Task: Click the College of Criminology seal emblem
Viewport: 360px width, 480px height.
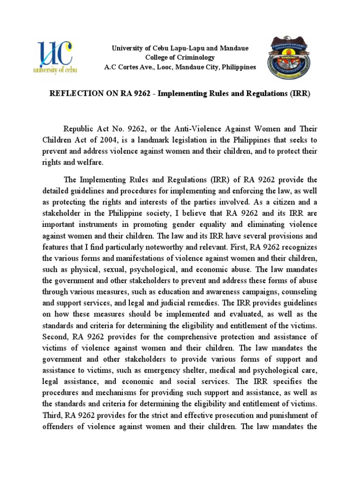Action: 289,58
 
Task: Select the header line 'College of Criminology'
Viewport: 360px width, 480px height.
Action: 180,58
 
